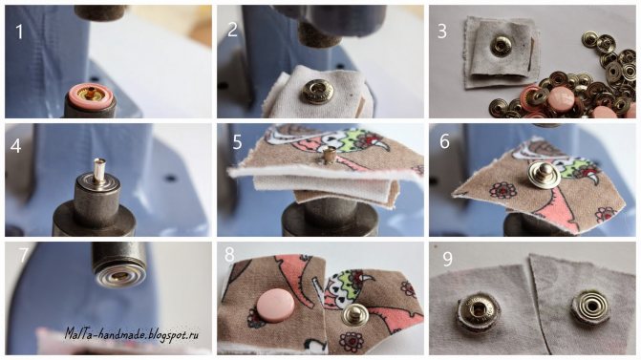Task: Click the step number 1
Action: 19,32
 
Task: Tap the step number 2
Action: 232,31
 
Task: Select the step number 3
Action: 442,32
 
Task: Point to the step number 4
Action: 15,146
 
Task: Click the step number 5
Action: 237,142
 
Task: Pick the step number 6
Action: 444,141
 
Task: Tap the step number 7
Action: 23,255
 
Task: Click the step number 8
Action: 229,255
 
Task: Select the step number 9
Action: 448,259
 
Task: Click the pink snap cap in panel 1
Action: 91,95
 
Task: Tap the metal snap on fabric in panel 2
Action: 316,92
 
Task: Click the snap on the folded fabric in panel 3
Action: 502,46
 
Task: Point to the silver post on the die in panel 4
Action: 99,170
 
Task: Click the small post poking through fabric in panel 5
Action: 328,156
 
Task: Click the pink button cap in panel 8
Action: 275,306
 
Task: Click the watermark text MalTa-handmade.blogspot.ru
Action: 132,333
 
